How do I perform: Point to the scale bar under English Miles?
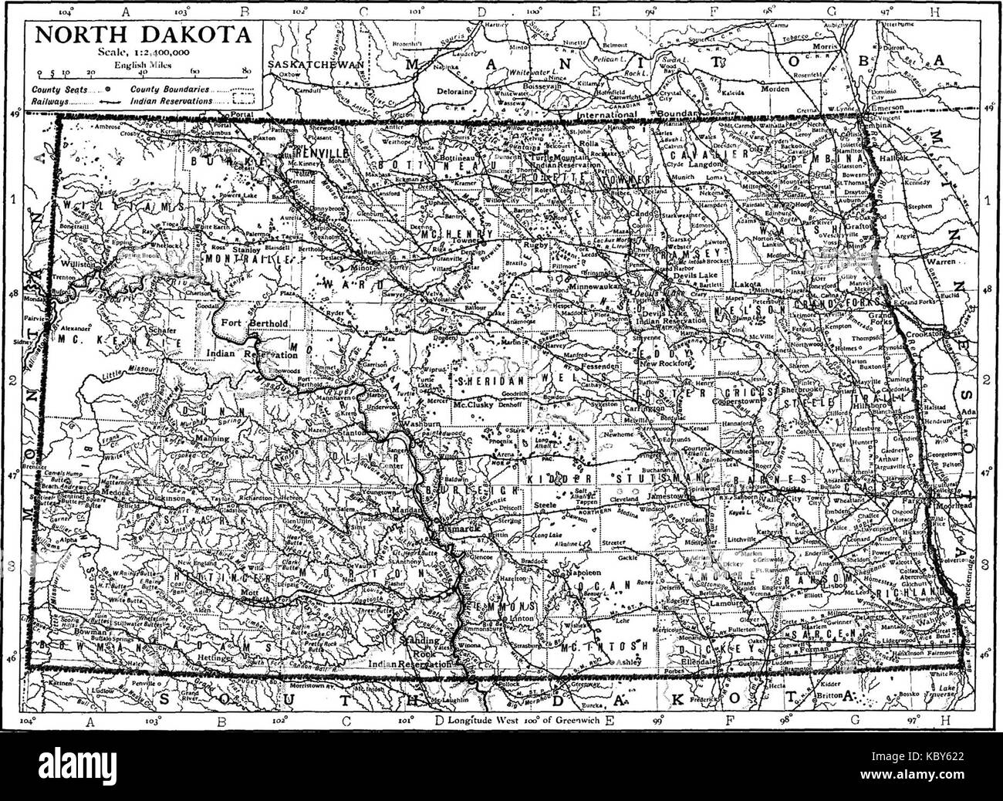point(142,70)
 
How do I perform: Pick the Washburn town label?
point(419,425)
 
